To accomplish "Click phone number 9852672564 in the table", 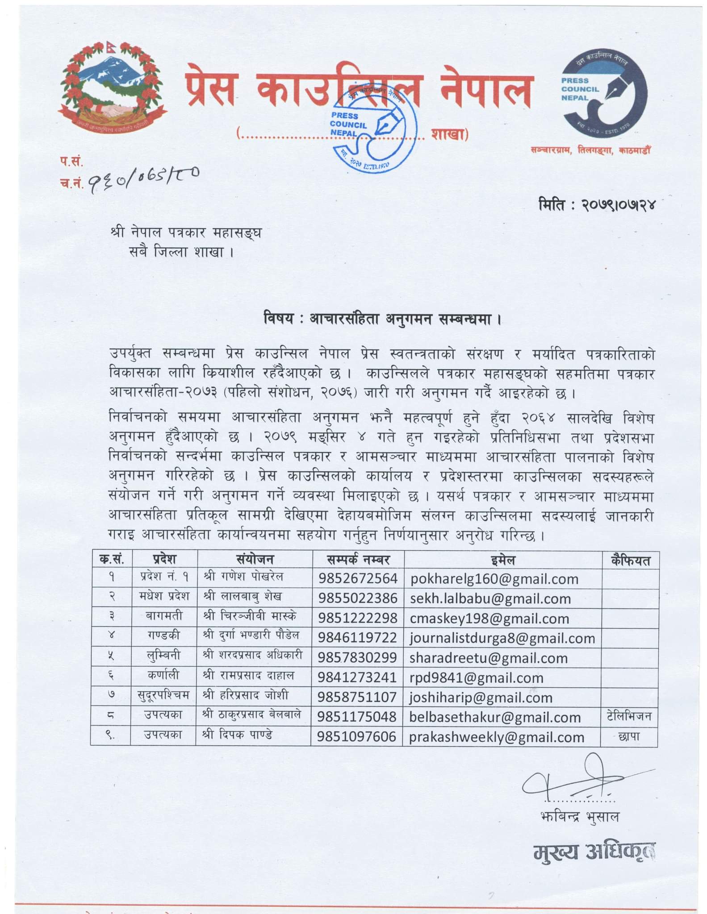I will click(358, 578).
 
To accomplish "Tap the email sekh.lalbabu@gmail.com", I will click(490, 598).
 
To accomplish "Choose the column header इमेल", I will click(503, 560).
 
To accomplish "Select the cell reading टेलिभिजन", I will click(629, 717).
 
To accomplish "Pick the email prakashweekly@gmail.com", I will click(497, 737).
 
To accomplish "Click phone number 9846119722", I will click(357, 638).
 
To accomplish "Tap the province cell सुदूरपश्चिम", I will click(163, 695).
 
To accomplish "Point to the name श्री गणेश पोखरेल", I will click(243, 577).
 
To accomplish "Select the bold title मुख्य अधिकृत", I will click(594, 853).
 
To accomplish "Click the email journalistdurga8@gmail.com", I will click(502, 638).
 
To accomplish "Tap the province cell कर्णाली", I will click(163, 676).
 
